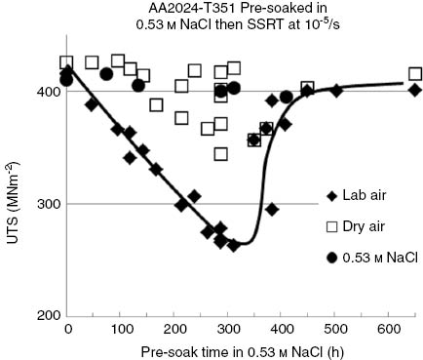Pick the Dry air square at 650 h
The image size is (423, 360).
coord(415,74)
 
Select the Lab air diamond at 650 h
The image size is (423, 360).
coord(415,90)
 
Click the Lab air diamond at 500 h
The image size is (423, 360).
coord(335,91)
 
